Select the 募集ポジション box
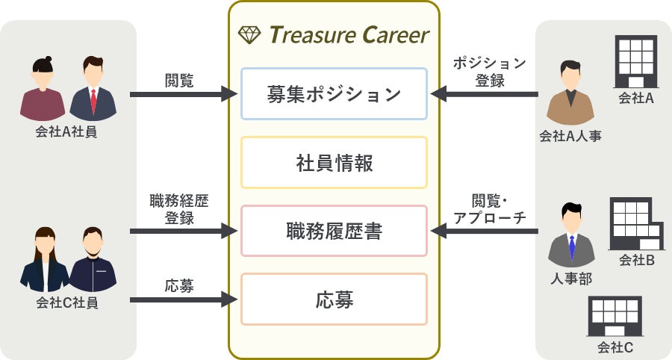tap(334, 95)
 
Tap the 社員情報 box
tap(334, 163)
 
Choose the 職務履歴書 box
tap(334, 232)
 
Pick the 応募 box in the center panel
tap(334, 300)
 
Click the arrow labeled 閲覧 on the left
tap(183, 95)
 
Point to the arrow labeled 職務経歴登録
tap(183, 232)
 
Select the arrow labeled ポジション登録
tap(485, 95)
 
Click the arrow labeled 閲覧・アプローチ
tap(485, 232)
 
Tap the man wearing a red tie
tap(93, 89)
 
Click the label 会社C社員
tap(67, 303)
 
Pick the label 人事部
tap(570, 279)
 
